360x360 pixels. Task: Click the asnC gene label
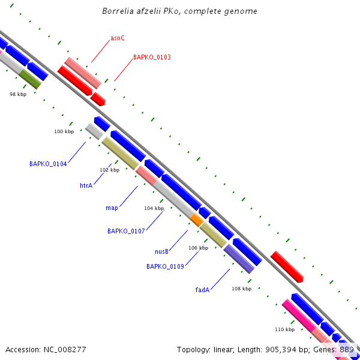(x=118, y=38)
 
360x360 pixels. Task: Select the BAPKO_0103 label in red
(x=152, y=58)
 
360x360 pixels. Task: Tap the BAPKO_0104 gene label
(x=48, y=164)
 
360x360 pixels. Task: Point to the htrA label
(x=86, y=186)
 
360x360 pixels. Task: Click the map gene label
(x=112, y=208)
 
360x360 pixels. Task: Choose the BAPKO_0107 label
(x=126, y=231)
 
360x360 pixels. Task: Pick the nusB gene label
(x=161, y=251)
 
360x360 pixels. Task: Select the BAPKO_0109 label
(x=165, y=266)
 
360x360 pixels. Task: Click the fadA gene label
(x=202, y=290)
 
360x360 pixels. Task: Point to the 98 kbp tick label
(x=18, y=94)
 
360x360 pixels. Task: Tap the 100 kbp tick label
(x=64, y=131)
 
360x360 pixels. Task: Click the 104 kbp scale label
(x=154, y=208)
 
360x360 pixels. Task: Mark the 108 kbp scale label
(x=241, y=289)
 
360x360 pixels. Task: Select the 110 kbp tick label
(x=284, y=329)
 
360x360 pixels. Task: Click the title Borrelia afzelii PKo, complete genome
(x=179, y=11)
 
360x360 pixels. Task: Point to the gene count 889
(x=347, y=349)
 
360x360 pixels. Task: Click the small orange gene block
(x=197, y=220)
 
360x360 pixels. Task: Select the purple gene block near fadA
(x=239, y=259)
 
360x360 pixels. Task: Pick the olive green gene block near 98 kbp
(x=30, y=79)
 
